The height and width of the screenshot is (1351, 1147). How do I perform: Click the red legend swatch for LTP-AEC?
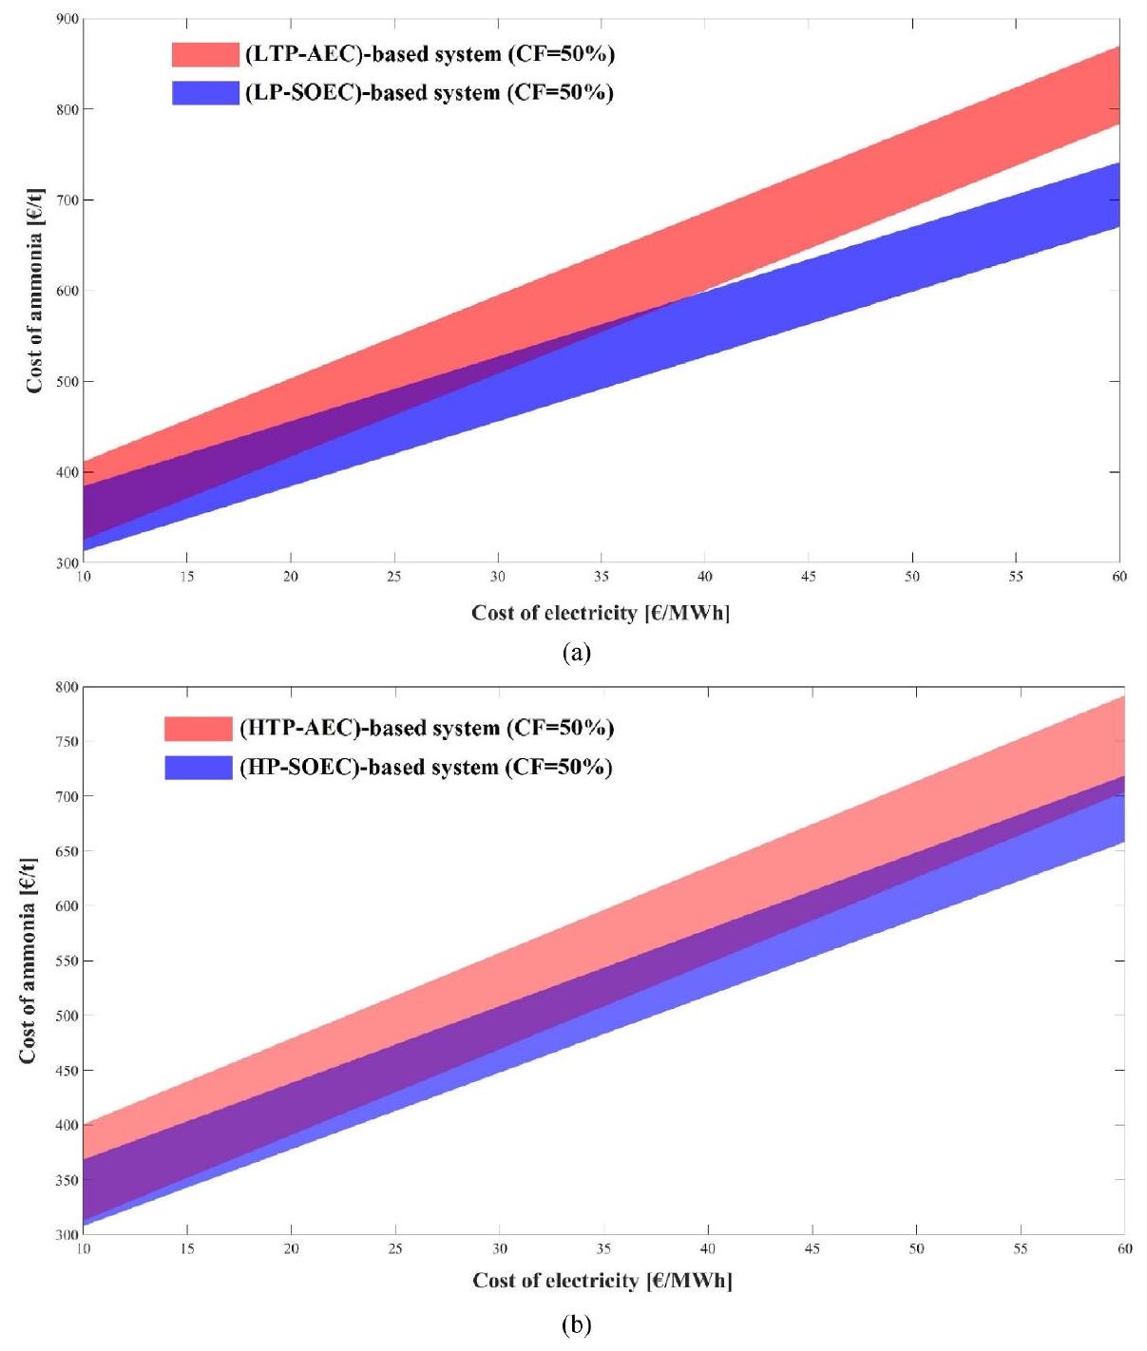(204, 54)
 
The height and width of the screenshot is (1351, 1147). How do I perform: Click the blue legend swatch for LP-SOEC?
(204, 93)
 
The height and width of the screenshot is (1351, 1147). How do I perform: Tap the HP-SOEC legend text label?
(426, 767)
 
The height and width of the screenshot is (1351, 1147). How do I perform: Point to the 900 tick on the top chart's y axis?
(67, 19)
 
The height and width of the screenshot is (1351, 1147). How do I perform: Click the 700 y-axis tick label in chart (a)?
(67, 200)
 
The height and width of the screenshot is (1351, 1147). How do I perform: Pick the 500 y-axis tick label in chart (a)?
(67, 382)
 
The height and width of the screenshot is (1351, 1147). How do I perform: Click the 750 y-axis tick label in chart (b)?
(67, 742)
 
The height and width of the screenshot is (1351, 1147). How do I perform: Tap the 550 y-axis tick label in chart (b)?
(67, 961)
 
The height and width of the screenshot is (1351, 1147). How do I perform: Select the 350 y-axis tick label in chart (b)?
(67, 1181)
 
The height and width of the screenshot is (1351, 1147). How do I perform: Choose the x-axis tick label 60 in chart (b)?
(1124, 1248)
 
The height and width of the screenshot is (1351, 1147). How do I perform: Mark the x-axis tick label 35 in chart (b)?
(603, 1248)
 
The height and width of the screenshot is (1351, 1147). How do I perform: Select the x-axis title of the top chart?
(601, 614)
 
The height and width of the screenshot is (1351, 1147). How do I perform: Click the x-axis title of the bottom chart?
(602, 1282)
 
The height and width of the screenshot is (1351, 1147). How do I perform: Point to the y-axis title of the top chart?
(34, 291)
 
